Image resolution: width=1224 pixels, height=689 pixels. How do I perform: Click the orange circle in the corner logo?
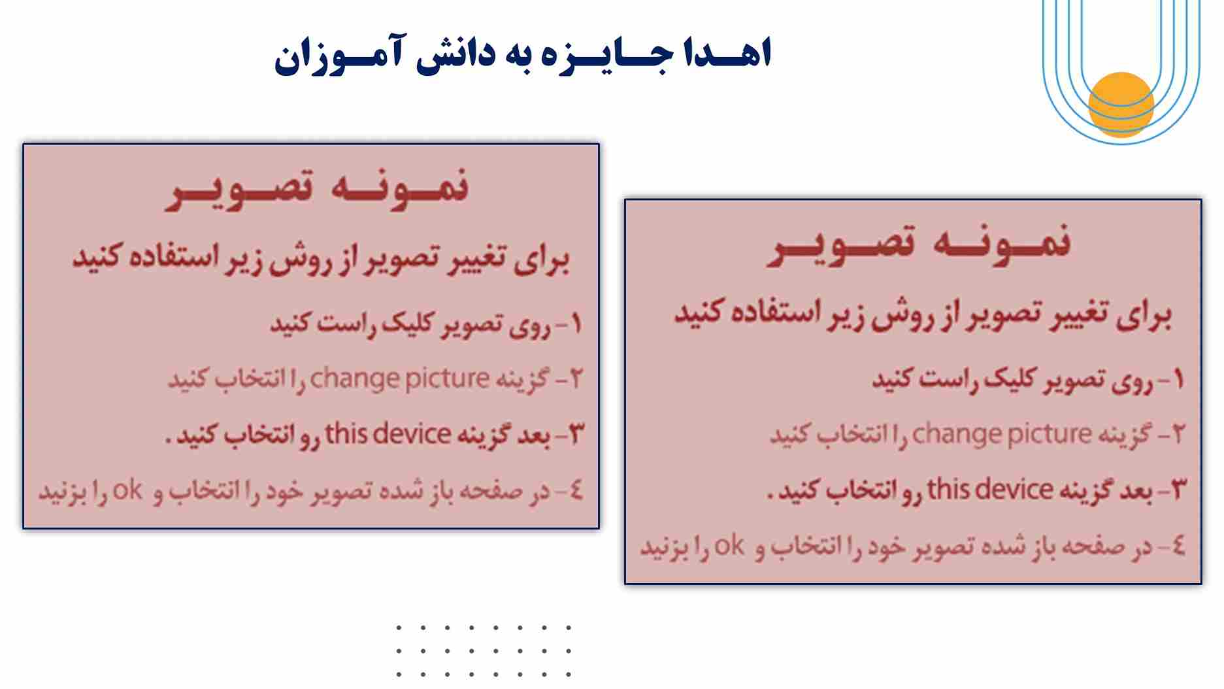pos(1121,104)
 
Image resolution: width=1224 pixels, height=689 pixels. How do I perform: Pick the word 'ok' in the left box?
pos(127,490)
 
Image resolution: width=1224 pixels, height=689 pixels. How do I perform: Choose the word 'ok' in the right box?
pos(729,545)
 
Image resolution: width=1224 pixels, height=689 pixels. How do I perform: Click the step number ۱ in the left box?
pos(575,324)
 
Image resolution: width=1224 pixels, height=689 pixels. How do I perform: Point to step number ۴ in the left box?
pos(575,490)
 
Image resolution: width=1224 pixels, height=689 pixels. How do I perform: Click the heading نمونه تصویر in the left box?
pos(317,189)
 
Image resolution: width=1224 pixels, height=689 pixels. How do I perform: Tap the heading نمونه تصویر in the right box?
pos(919,244)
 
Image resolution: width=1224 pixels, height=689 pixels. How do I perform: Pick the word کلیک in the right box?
pos(1010,378)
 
